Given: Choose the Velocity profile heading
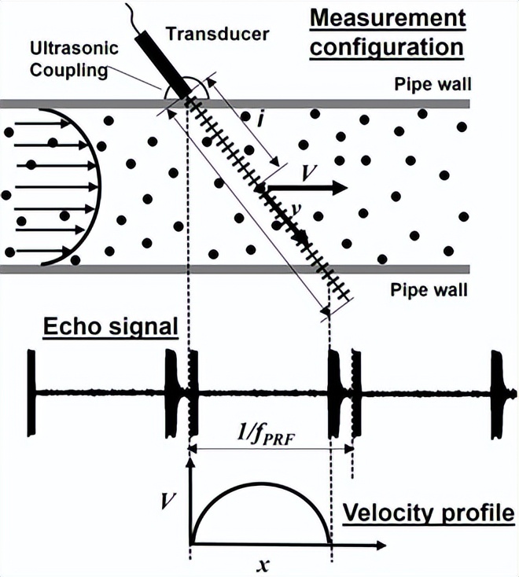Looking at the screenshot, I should coord(429,514).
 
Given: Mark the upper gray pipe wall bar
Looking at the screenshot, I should coord(79,104).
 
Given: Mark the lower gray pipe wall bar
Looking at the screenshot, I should coord(79,269).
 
